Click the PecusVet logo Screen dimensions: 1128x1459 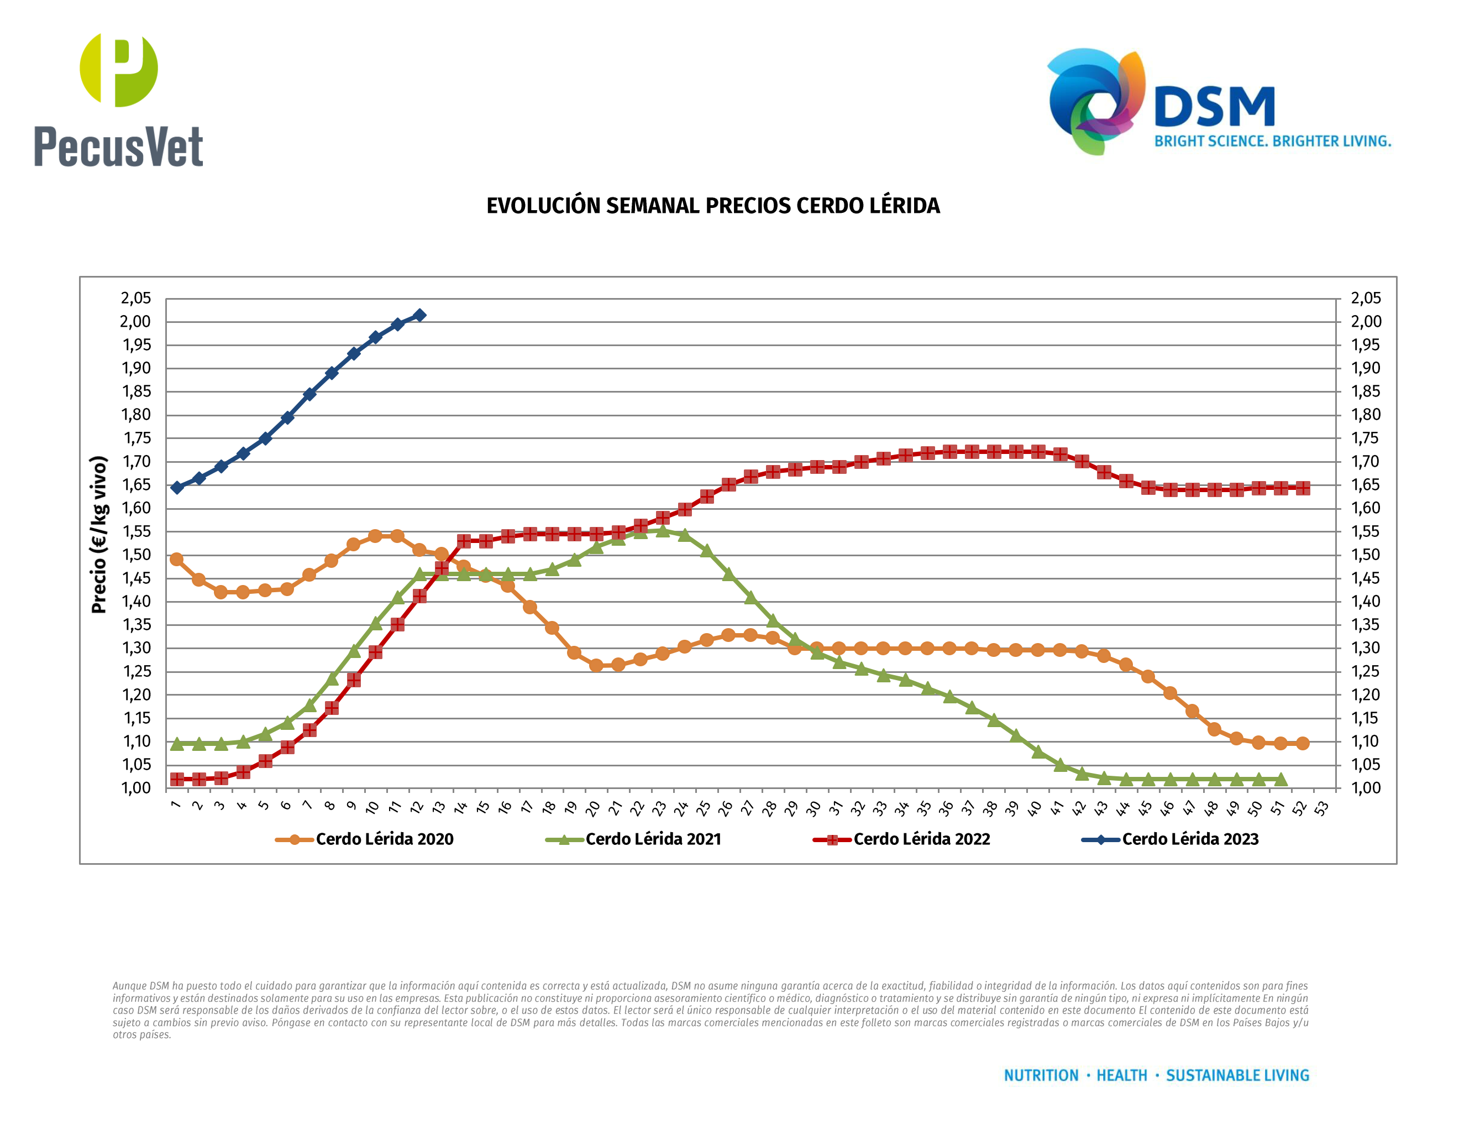tap(118, 100)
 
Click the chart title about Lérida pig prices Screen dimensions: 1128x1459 tap(713, 206)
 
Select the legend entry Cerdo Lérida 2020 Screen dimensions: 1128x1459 tap(384, 839)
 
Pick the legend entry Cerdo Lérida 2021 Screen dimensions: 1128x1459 tap(653, 839)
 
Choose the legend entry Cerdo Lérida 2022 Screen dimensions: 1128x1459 tap(921, 839)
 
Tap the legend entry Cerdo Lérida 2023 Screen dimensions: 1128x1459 tap(1190, 839)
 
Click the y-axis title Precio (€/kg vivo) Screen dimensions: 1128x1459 tap(99, 535)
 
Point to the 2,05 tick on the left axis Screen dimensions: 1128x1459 tap(135, 298)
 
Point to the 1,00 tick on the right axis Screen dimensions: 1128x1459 tap(1366, 788)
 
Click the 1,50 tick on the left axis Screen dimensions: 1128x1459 tap(135, 555)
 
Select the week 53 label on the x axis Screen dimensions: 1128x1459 tap(1321, 808)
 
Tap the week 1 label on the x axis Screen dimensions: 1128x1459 tap(176, 805)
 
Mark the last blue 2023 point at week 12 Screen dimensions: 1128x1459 tap(419, 315)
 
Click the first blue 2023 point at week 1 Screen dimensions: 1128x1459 tap(177, 488)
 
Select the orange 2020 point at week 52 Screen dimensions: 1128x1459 tap(1302, 743)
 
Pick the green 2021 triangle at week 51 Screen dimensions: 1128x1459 tap(1280, 779)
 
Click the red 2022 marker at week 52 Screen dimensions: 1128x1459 tap(1302, 488)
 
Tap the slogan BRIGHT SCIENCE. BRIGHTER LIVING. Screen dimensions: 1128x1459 tap(1273, 142)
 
